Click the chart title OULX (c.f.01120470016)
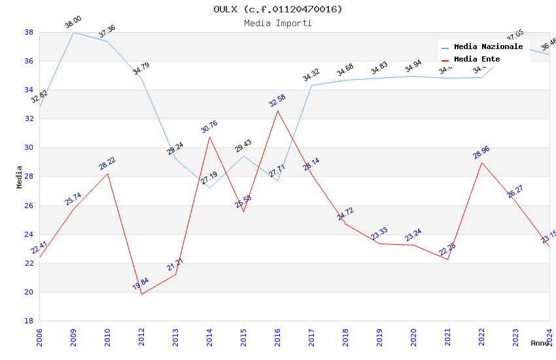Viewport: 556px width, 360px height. [x=278, y=9]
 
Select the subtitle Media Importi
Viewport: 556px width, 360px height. [x=278, y=23]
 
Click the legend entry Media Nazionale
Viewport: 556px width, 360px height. [x=488, y=46]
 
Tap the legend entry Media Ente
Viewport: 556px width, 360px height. [x=477, y=59]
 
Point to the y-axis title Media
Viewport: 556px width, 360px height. [x=20, y=177]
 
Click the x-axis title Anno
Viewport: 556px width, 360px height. [x=540, y=343]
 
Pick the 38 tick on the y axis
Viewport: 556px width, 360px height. [x=29, y=32]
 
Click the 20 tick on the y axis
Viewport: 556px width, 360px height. [x=29, y=292]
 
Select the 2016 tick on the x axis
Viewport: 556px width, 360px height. [x=277, y=338]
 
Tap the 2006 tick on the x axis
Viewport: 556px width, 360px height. [x=39, y=338]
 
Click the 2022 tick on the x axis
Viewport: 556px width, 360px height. [x=481, y=338]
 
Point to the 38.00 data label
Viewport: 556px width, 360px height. [x=73, y=24]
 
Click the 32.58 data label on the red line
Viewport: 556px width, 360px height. [x=277, y=101]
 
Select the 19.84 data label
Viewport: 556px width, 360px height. [x=141, y=284]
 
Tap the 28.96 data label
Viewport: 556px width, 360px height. [x=481, y=153]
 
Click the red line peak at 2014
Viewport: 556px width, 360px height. [x=209, y=137]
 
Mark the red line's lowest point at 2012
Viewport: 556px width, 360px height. [x=141, y=294]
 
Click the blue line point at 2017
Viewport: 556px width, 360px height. [x=311, y=85]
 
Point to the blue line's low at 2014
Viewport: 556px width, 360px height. [x=209, y=188]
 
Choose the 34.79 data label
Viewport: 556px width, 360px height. [x=141, y=69]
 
